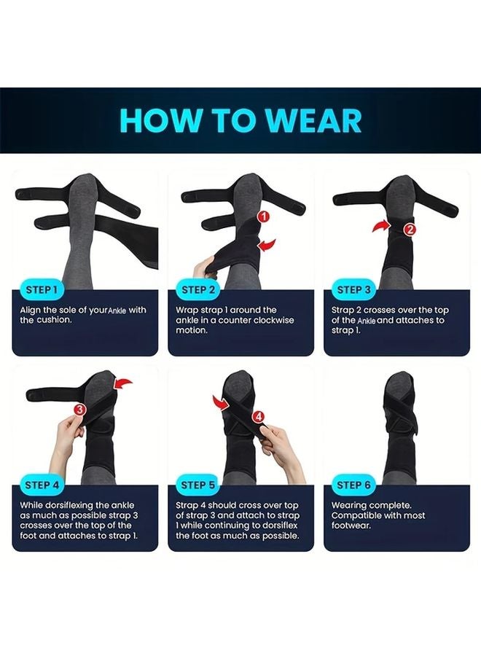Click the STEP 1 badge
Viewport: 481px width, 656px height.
[41, 289]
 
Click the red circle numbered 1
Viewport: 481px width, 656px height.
[264, 216]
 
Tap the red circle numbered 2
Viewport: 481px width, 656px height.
[410, 229]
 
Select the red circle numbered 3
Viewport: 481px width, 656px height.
[79, 410]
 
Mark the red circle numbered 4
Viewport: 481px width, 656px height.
[257, 416]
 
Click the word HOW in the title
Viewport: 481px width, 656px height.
[157, 120]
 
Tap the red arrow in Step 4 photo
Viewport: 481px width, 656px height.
[125, 383]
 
